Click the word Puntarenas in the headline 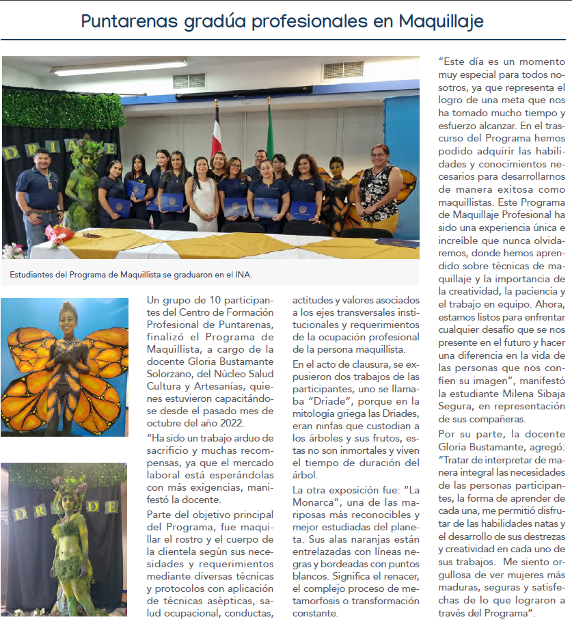(130, 22)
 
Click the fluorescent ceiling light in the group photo (109, 69)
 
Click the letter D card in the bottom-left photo (19, 512)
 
